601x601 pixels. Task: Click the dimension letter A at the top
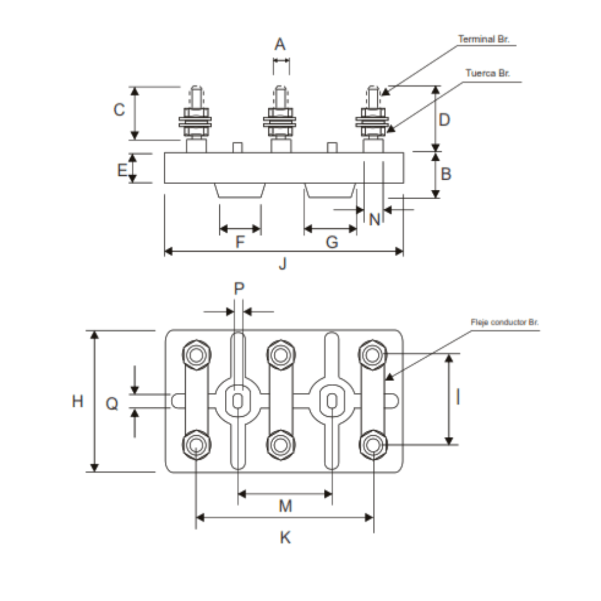(x=280, y=44)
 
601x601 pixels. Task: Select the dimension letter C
(x=119, y=110)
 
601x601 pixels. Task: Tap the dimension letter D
(x=444, y=120)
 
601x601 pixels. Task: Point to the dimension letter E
(x=122, y=170)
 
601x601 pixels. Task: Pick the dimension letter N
(x=375, y=219)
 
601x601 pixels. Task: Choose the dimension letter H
(x=78, y=401)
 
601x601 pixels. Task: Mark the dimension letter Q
(x=112, y=404)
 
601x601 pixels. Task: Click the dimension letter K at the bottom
(x=285, y=538)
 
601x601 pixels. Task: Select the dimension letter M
(x=285, y=506)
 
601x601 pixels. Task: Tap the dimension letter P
(x=239, y=288)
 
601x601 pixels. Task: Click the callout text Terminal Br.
(x=483, y=40)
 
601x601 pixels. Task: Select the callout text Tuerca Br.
(x=487, y=73)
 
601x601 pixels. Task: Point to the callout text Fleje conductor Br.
(x=504, y=322)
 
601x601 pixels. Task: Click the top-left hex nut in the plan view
(x=196, y=354)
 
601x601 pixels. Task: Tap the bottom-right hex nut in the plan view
(x=373, y=445)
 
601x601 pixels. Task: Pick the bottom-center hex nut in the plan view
(x=281, y=445)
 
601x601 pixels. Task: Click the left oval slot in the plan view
(x=238, y=401)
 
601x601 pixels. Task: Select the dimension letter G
(x=332, y=243)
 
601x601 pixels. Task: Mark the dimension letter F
(x=240, y=243)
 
